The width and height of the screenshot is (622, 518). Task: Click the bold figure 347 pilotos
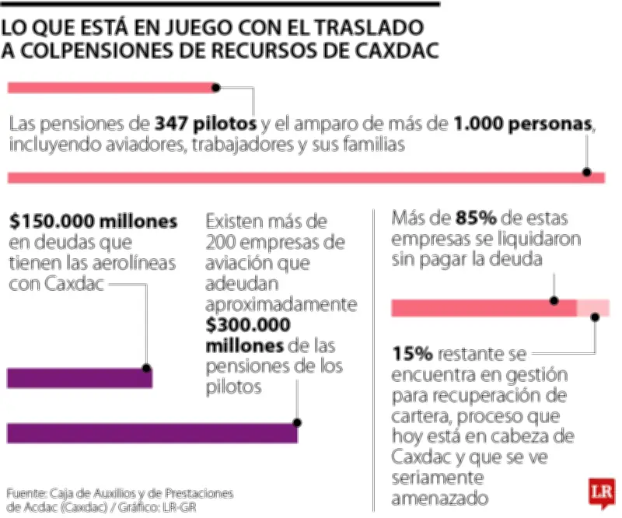coord(205,124)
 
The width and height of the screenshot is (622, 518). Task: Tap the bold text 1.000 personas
coord(524,124)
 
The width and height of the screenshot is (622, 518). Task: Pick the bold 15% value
coord(412,354)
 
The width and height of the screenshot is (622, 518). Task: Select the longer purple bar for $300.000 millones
coord(152,433)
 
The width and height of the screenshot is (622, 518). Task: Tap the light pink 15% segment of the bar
coord(593,308)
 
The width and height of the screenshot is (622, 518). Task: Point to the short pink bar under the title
coord(114,87)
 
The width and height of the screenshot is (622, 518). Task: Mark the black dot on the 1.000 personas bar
coord(587,173)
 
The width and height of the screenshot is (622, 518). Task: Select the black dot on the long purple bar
coord(296,424)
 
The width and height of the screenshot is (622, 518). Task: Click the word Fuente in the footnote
coord(26,493)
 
